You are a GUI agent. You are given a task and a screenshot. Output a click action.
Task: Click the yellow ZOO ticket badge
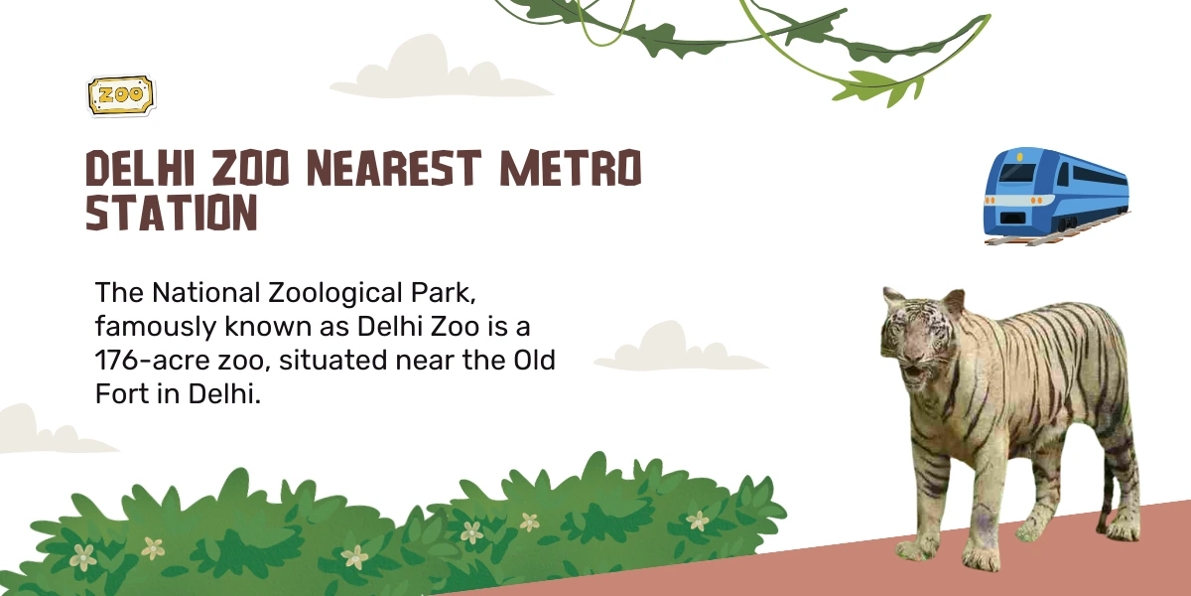coord(121,95)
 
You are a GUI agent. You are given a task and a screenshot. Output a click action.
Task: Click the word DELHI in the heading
coord(140,168)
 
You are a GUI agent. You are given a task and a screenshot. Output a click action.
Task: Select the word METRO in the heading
coord(571,168)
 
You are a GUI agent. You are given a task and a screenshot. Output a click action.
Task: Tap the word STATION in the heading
coord(172,213)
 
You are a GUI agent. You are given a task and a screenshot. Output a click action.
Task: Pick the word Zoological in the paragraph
coord(335,294)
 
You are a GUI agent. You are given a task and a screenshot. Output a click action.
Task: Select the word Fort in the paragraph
coord(122,394)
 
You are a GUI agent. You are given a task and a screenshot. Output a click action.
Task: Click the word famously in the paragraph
coord(156,327)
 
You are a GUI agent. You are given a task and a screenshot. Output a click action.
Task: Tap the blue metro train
coord(1057,196)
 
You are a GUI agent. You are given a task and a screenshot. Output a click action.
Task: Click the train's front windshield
coord(1017,173)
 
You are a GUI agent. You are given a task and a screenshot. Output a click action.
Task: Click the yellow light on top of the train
coord(1020,157)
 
